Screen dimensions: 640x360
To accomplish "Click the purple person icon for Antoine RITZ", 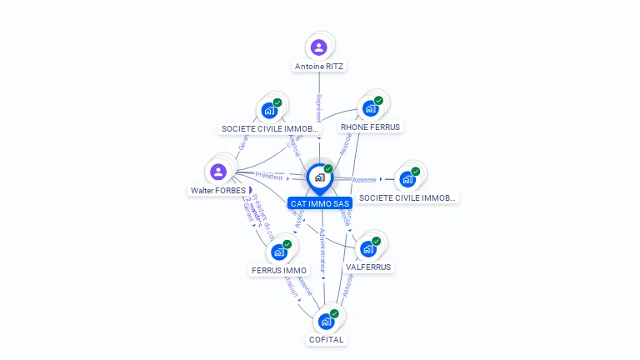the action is [x=318, y=47].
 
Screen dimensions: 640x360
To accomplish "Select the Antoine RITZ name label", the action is [x=318, y=66].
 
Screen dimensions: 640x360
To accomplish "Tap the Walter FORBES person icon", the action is [x=218, y=172].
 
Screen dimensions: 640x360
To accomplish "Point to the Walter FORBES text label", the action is [x=218, y=190].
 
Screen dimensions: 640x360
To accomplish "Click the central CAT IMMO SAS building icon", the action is [x=319, y=177].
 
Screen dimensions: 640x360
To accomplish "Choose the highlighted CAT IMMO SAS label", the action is [x=320, y=203].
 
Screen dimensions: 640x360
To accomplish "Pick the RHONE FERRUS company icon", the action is [x=370, y=108].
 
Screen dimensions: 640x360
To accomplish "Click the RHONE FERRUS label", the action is [x=371, y=127].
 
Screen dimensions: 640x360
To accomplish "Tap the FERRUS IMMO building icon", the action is [x=279, y=252].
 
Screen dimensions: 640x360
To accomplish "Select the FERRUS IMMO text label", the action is [x=279, y=270].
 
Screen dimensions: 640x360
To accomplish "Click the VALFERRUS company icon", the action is [x=367, y=248].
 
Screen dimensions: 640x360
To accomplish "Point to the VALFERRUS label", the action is [x=368, y=267].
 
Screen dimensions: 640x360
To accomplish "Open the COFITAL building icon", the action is [x=326, y=321].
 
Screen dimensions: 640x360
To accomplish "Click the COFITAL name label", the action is [x=327, y=339].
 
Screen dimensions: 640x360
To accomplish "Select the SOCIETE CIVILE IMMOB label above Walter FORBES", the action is [x=269, y=129].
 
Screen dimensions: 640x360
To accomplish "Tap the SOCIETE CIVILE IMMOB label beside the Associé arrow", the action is [x=407, y=197].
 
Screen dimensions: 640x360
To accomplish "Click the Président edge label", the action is [x=269, y=176].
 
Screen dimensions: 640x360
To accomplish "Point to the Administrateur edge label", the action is [x=322, y=250].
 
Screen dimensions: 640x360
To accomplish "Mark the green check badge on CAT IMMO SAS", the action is [x=328, y=169].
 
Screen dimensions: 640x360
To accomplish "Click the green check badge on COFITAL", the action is [x=334, y=313].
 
